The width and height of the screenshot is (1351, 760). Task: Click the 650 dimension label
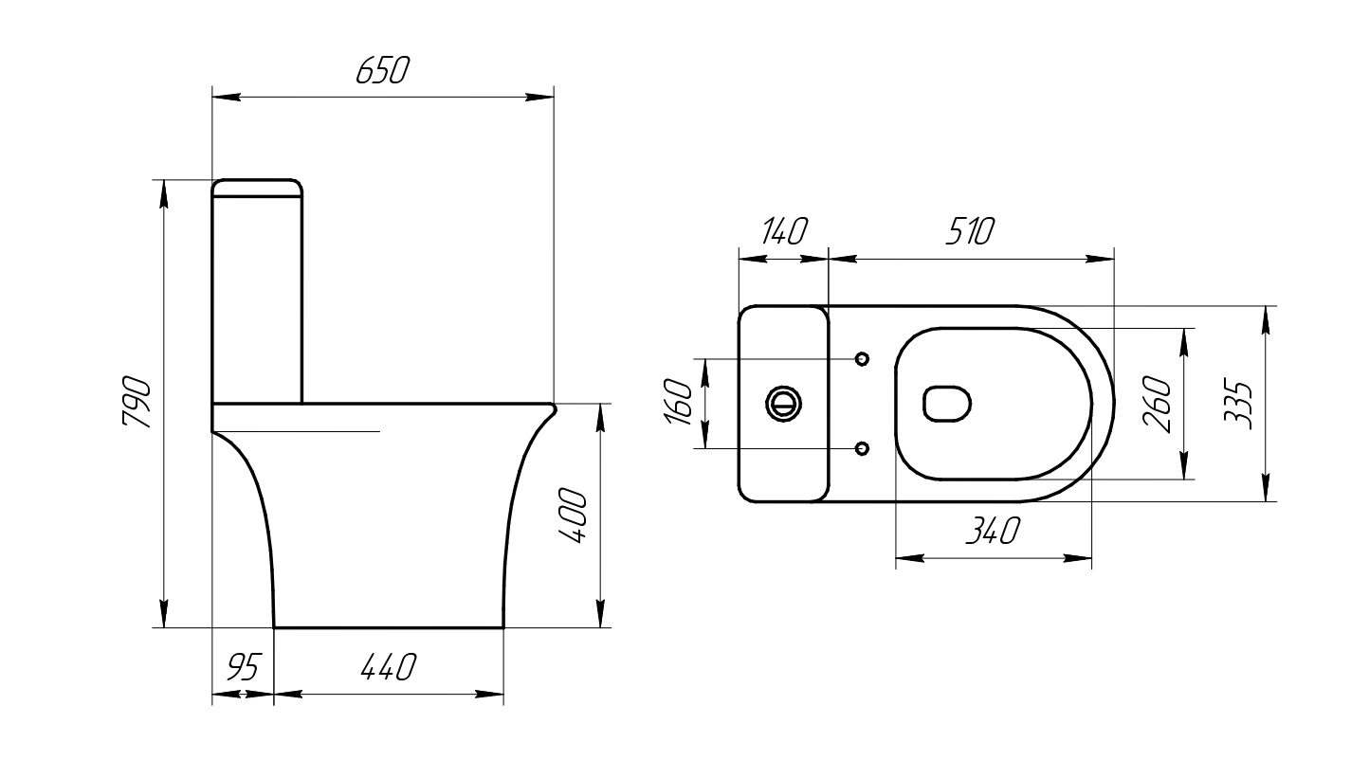(x=381, y=71)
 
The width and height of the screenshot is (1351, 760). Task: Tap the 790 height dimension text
(x=137, y=403)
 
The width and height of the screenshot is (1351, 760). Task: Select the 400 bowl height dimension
(x=572, y=516)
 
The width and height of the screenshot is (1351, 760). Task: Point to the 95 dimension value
(x=242, y=668)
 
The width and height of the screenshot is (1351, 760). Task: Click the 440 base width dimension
(x=389, y=668)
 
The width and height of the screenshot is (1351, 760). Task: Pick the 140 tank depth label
(x=782, y=231)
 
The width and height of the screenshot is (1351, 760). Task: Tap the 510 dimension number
(x=969, y=231)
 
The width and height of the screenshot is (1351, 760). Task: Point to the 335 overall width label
(x=1238, y=405)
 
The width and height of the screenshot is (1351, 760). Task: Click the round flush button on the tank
(x=783, y=403)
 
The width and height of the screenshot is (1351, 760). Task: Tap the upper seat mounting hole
(x=862, y=359)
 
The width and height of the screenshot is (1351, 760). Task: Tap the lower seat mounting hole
(x=862, y=447)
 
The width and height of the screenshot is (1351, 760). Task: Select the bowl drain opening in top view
(x=947, y=404)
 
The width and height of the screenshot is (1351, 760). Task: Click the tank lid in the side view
(x=257, y=188)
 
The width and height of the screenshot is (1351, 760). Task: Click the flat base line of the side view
(x=389, y=626)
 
